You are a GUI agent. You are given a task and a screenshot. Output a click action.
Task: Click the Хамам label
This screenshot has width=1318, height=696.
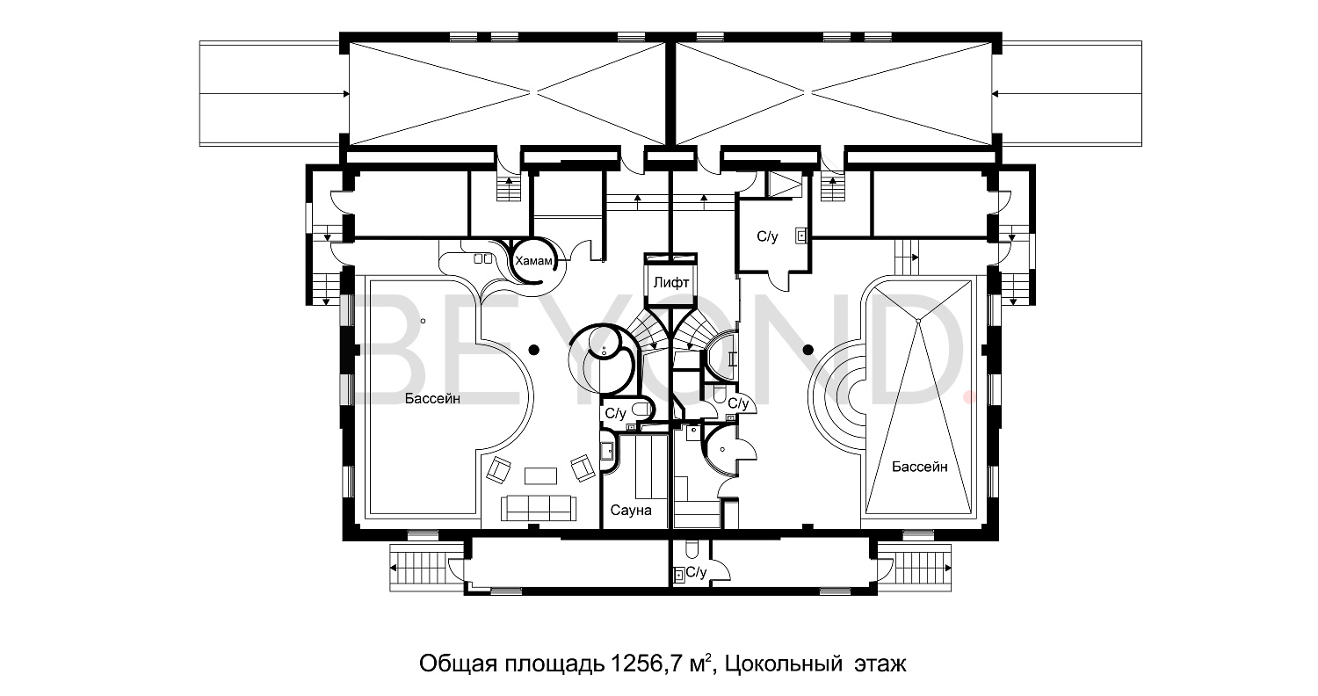click(x=534, y=261)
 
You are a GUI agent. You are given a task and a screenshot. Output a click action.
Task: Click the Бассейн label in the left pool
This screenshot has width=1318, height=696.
click(x=433, y=399)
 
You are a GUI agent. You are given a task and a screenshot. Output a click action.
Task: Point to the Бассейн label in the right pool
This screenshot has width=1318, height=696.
click(x=920, y=467)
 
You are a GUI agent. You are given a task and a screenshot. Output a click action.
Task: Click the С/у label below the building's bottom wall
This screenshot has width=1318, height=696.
click(x=696, y=573)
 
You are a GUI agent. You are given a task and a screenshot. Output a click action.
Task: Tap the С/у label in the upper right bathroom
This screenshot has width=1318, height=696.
click(x=767, y=236)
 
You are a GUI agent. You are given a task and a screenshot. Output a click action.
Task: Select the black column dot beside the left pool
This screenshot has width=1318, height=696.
click(x=532, y=350)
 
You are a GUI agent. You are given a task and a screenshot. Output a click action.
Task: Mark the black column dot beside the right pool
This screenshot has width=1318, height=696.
click(x=808, y=350)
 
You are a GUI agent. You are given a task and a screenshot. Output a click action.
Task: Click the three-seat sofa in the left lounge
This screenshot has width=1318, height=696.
click(x=537, y=507)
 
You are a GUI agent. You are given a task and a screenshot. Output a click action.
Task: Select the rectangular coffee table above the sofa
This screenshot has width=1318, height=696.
click(x=540, y=475)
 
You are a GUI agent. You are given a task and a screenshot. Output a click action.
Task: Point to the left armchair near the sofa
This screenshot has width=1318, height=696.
click(x=498, y=470)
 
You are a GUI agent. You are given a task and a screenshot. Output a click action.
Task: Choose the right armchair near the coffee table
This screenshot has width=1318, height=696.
click(x=582, y=467)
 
